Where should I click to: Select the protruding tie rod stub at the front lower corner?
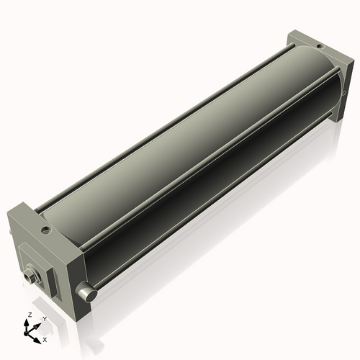pyautogui.click(x=87, y=294)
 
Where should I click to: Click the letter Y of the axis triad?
pyautogui.click(x=44, y=319)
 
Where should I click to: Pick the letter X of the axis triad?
pyautogui.click(x=45, y=338)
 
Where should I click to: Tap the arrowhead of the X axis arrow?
pyautogui.click(x=39, y=336)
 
